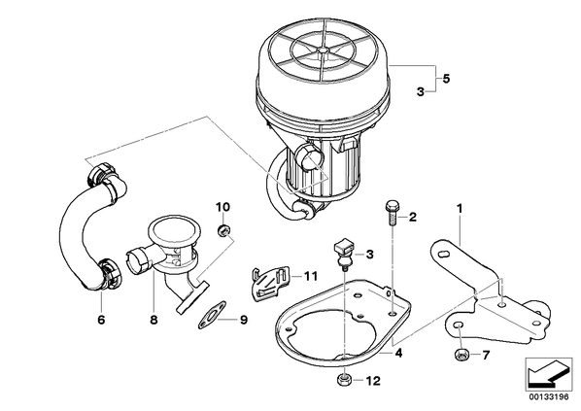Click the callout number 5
446,79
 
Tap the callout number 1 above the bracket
460,209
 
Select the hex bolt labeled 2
392,213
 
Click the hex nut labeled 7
461,355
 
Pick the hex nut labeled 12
344,380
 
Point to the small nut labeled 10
223,231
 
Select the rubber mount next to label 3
343,255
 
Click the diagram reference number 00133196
549,397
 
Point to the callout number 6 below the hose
101,320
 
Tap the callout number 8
154,320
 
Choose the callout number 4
398,353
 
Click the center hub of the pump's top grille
324,50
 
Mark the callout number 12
373,381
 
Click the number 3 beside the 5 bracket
420,91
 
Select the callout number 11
311,276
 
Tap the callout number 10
223,207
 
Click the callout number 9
244,320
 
